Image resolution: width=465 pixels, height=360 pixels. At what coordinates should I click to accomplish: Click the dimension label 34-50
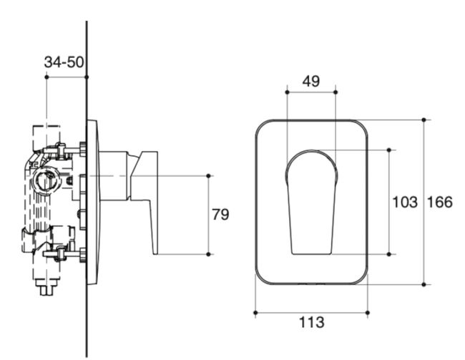click(x=63, y=62)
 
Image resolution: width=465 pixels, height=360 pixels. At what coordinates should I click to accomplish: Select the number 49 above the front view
click(x=310, y=81)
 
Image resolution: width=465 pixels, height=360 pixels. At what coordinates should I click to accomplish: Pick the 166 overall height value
click(x=439, y=203)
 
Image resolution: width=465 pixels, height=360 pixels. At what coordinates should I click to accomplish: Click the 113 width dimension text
click(x=311, y=323)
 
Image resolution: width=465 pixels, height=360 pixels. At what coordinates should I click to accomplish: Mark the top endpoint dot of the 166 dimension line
click(x=424, y=120)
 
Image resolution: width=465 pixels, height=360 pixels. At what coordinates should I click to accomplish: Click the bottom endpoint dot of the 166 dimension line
click(x=424, y=284)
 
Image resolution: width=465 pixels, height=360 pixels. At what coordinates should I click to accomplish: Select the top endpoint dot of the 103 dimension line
click(x=389, y=150)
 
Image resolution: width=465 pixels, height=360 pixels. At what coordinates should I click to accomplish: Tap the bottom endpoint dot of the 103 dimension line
click(x=389, y=254)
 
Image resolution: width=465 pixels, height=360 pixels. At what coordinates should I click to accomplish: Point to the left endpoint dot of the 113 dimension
click(x=255, y=312)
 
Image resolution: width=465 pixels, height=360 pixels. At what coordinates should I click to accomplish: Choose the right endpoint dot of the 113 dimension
click(x=368, y=312)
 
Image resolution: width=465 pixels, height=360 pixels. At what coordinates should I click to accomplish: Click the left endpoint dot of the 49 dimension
click(x=286, y=92)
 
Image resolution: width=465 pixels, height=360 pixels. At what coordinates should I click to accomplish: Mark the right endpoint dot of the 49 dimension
click(x=335, y=92)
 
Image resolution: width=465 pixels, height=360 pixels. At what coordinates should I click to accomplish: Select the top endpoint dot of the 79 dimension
click(x=209, y=175)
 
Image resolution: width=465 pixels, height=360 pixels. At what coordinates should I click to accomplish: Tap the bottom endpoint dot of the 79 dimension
click(x=209, y=254)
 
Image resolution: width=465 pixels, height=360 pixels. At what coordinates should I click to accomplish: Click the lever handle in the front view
click(x=311, y=204)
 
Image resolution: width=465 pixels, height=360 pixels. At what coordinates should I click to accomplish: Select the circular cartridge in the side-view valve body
click(x=45, y=180)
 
